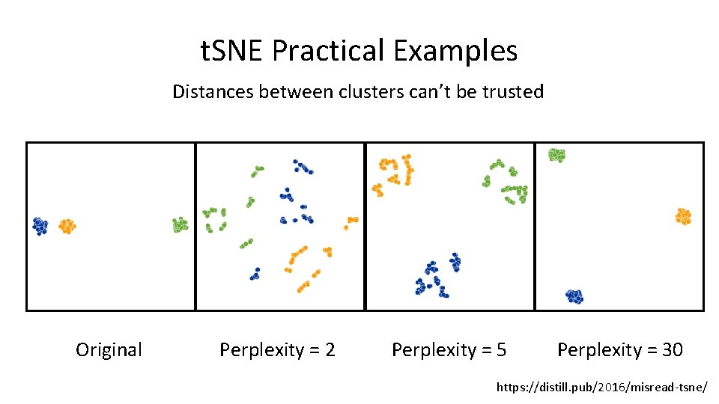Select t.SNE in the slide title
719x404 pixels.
(x=233, y=52)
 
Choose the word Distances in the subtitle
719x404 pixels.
(x=213, y=92)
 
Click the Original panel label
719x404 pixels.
(x=109, y=349)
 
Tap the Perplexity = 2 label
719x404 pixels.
(x=277, y=349)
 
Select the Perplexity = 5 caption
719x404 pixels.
(x=449, y=349)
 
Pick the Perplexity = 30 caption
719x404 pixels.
(x=620, y=349)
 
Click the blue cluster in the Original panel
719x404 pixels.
(x=40, y=225)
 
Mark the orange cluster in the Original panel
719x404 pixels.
(x=67, y=225)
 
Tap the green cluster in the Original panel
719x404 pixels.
(x=180, y=224)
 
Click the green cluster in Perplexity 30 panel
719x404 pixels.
(x=556, y=155)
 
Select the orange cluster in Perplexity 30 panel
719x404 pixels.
(x=682, y=216)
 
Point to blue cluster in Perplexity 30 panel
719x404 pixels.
(x=574, y=296)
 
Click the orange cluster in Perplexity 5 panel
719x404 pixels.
(x=393, y=172)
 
